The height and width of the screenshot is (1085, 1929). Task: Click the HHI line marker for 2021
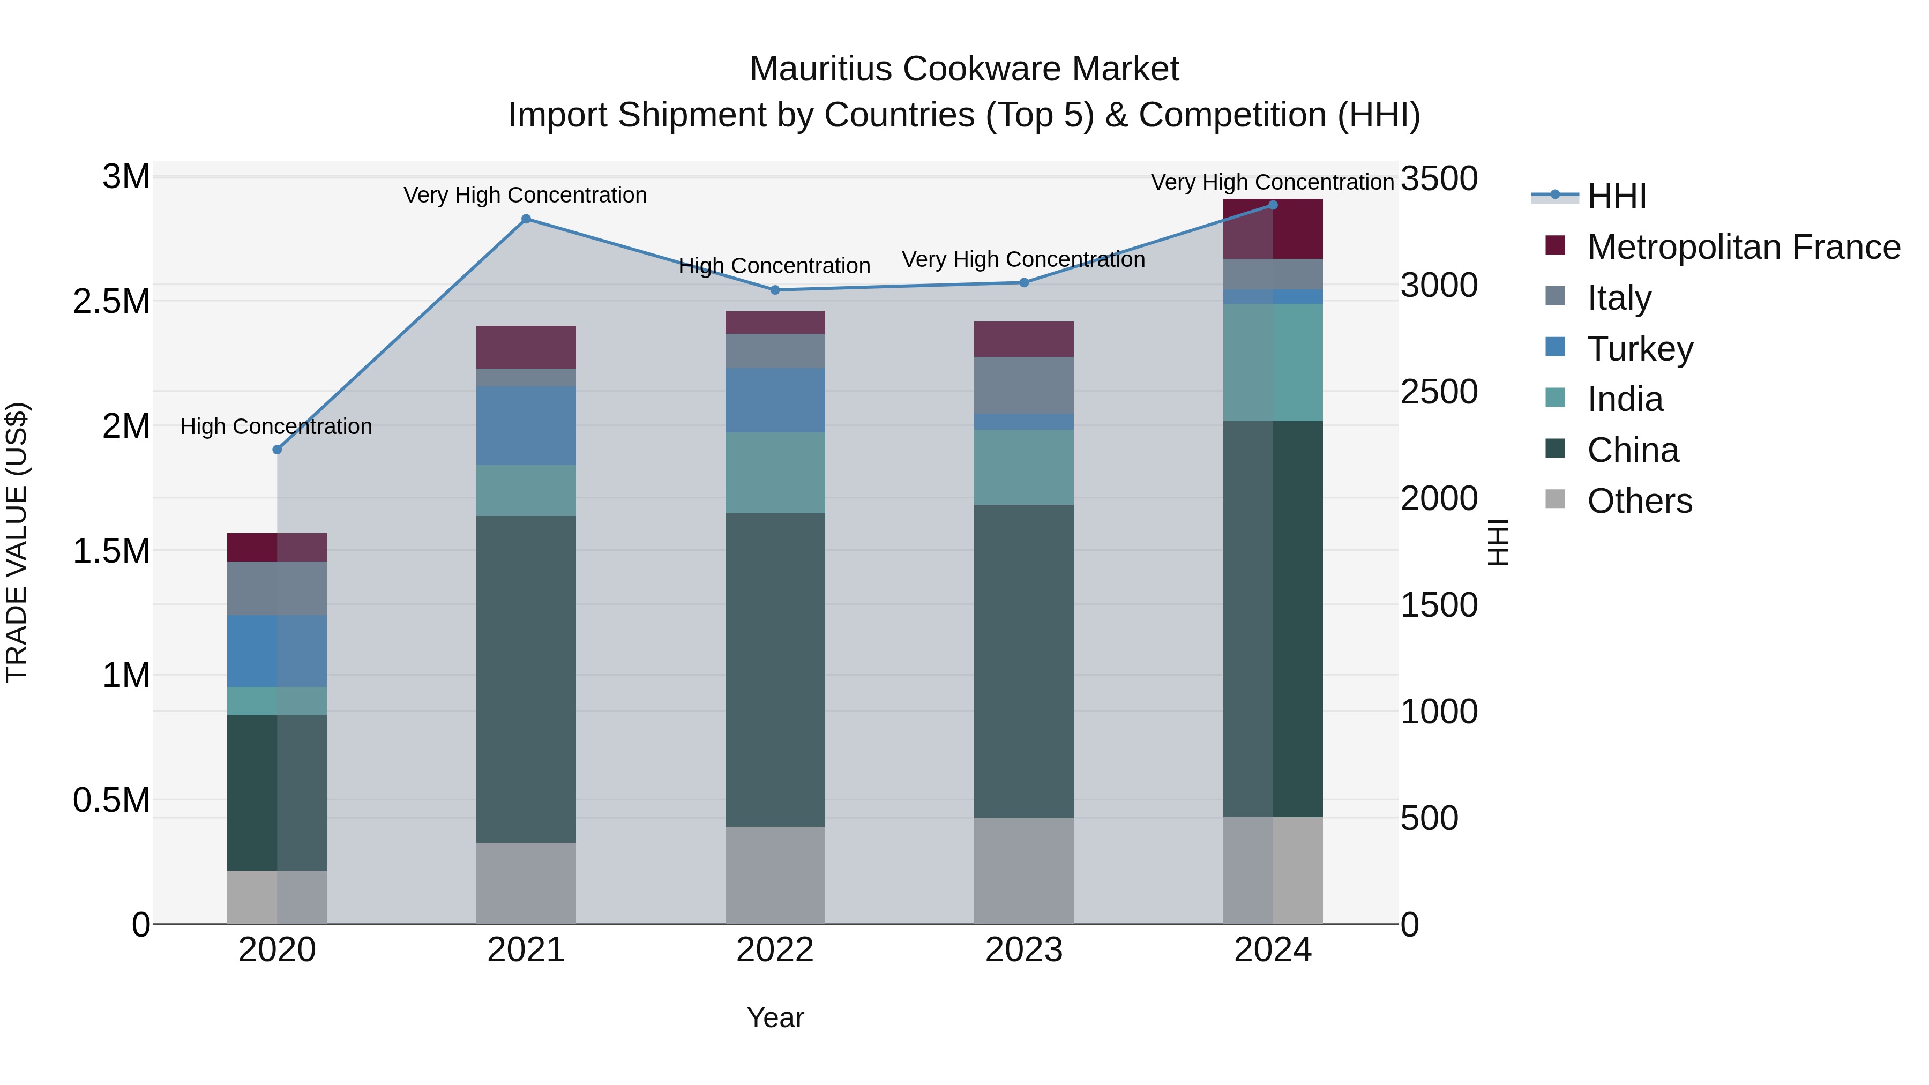526,219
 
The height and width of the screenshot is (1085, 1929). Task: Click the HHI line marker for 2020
277,450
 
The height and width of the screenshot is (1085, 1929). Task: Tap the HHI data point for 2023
1023,283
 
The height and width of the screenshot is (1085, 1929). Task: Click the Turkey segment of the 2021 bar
526,425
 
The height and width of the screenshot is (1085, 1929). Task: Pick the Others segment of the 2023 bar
1023,871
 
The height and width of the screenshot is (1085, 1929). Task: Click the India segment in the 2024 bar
1273,362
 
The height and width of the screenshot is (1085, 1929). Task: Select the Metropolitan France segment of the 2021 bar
526,347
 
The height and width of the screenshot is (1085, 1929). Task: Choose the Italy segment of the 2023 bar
1023,385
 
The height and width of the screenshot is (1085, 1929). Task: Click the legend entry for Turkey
1640,349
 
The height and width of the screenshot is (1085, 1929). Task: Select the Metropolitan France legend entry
1743,247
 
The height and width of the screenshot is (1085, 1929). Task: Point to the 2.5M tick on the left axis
111,302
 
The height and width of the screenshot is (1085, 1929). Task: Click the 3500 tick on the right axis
1439,179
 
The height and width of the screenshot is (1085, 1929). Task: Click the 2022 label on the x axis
775,950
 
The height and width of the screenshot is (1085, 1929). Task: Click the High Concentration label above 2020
276,427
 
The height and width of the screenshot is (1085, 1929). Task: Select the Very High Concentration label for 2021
525,196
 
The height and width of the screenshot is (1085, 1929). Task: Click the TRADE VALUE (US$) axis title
17,542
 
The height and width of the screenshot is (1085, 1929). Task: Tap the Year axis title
775,1017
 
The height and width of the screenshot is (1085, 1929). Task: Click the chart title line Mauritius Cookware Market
964,69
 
